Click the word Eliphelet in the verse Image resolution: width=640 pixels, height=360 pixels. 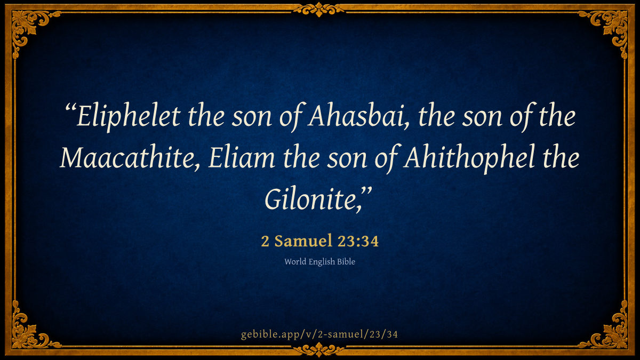click(x=129, y=117)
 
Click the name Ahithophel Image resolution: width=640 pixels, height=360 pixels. click(x=469, y=158)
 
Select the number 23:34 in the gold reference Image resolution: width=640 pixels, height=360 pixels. click(x=358, y=241)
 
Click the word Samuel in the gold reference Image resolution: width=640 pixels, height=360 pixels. click(x=303, y=241)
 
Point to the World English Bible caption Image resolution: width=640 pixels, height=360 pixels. click(x=319, y=262)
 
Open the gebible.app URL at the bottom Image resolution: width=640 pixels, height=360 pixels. click(x=319, y=334)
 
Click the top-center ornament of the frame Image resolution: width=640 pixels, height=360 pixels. click(x=319, y=10)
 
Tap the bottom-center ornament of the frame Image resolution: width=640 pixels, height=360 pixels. click(x=319, y=349)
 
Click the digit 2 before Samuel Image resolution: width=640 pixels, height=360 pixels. click(x=265, y=242)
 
